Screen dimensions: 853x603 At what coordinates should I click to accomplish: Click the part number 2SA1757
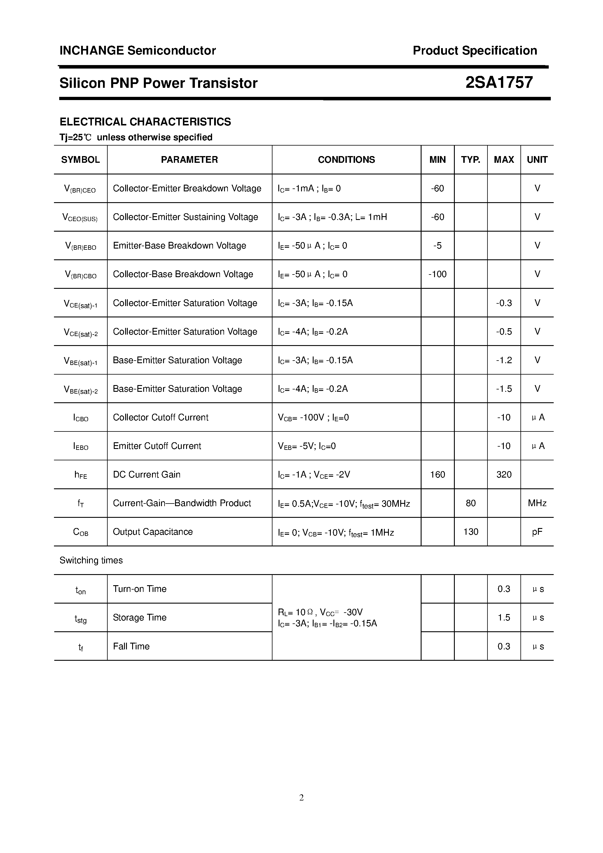pyautogui.click(x=499, y=83)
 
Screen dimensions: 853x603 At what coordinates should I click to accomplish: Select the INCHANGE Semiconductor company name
pyautogui.click(x=137, y=50)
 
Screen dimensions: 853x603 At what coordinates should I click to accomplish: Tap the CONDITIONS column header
pyautogui.click(x=346, y=160)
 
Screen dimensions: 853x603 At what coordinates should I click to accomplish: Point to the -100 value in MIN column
pyautogui.click(x=437, y=274)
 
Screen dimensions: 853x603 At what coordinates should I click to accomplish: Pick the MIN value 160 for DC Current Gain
pyautogui.click(x=437, y=474)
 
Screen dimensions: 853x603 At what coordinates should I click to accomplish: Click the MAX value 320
pyautogui.click(x=504, y=474)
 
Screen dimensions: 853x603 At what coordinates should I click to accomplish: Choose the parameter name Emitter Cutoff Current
pyautogui.click(x=157, y=446)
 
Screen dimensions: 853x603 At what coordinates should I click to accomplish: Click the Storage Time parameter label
pyautogui.click(x=140, y=618)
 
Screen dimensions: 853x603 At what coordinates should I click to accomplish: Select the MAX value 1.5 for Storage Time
pyautogui.click(x=504, y=618)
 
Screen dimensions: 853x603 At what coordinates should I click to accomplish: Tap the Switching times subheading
pyautogui.click(x=91, y=560)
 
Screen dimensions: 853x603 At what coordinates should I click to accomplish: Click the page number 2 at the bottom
pyautogui.click(x=301, y=798)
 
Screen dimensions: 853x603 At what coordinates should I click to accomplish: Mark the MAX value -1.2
pyautogui.click(x=504, y=360)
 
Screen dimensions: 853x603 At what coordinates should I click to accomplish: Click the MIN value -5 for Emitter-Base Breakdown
pyautogui.click(x=437, y=246)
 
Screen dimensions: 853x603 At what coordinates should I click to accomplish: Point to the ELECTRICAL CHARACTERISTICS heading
pyautogui.click(x=145, y=122)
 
